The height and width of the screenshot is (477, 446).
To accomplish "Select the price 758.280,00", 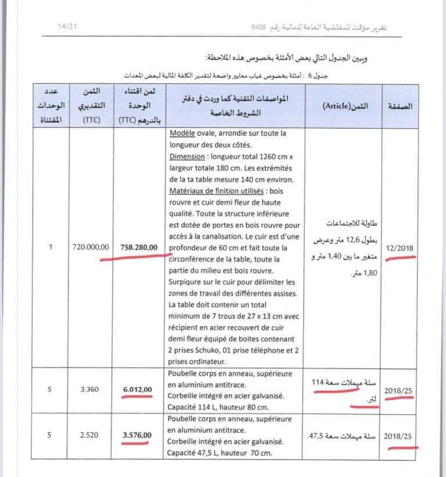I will [x=138, y=248].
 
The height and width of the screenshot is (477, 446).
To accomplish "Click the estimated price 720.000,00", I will [x=90, y=248].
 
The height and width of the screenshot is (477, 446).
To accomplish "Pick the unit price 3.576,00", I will [x=138, y=435].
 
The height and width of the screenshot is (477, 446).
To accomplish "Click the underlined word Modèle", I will [x=184, y=133].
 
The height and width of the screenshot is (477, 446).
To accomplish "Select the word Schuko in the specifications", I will [x=210, y=350].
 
